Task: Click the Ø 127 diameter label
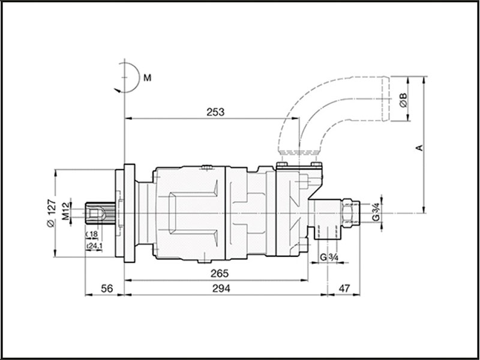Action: click(x=50, y=212)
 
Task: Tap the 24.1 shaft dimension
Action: click(x=95, y=246)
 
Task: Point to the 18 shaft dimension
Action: click(x=95, y=233)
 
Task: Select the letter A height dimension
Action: click(x=420, y=147)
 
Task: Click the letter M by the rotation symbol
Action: click(x=146, y=78)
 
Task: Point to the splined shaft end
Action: click(x=99, y=214)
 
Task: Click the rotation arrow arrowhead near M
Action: click(x=116, y=89)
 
